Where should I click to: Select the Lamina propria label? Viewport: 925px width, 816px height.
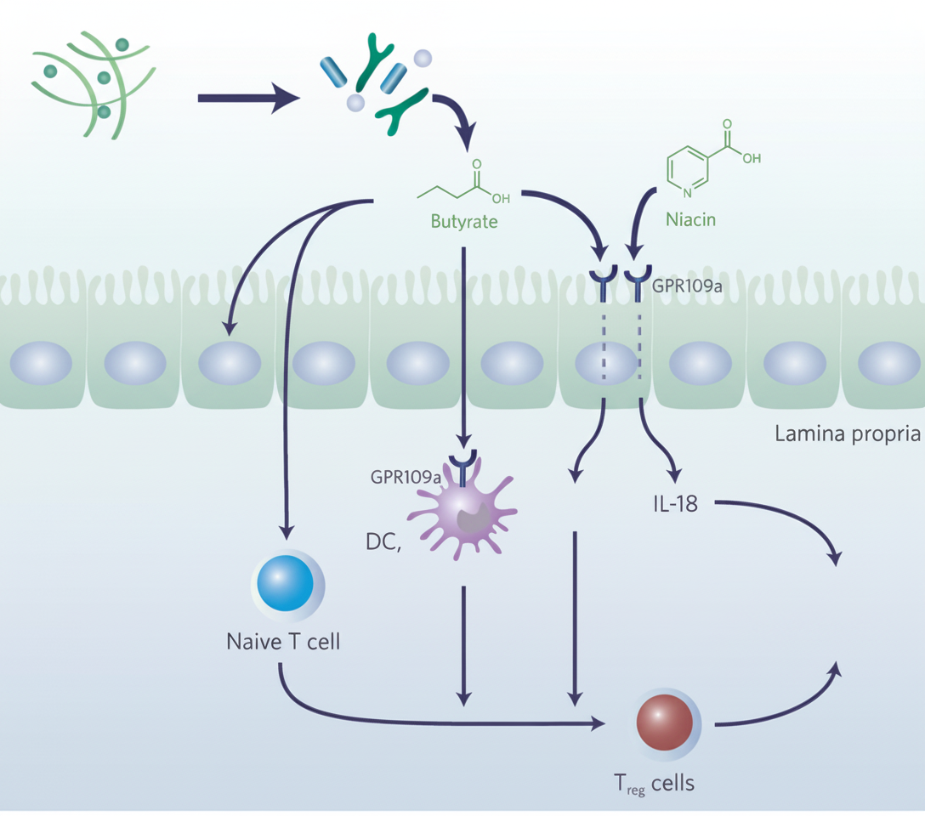(x=848, y=435)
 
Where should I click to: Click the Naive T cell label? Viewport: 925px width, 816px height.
(x=283, y=641)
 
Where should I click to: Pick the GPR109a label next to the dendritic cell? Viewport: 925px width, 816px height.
(x=406, y=477)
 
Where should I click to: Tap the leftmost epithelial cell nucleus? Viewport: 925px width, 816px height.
(x=40, y=364)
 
